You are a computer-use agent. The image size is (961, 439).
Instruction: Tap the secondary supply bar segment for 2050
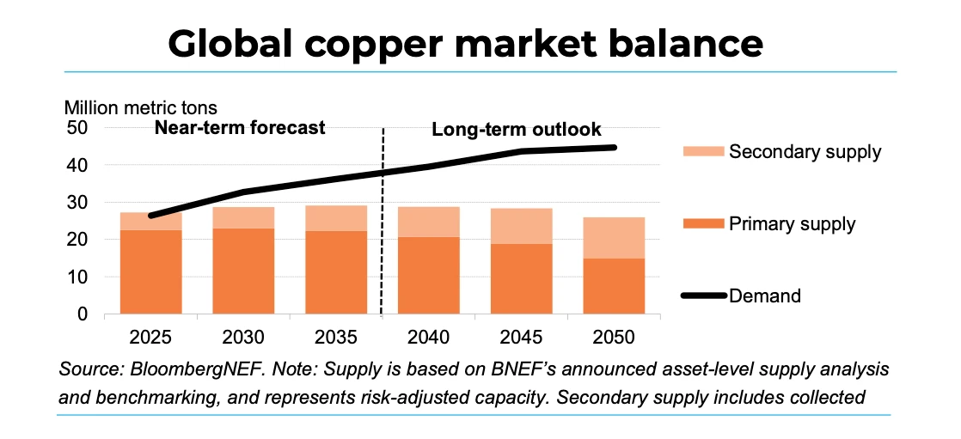point(614,238)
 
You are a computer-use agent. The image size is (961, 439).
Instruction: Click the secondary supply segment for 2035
point(336,218)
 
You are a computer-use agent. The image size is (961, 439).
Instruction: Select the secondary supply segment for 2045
point(521,226)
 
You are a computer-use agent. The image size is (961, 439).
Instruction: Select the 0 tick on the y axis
point(82,314)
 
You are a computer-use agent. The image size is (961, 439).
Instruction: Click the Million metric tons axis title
point(141,108)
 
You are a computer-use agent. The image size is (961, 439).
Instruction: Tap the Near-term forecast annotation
point(240,128)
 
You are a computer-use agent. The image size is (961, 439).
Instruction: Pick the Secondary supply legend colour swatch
point(702,152)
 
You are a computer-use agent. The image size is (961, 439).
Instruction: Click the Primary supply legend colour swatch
point(702,224)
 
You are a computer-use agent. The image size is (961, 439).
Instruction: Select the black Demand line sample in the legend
point(702,296)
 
